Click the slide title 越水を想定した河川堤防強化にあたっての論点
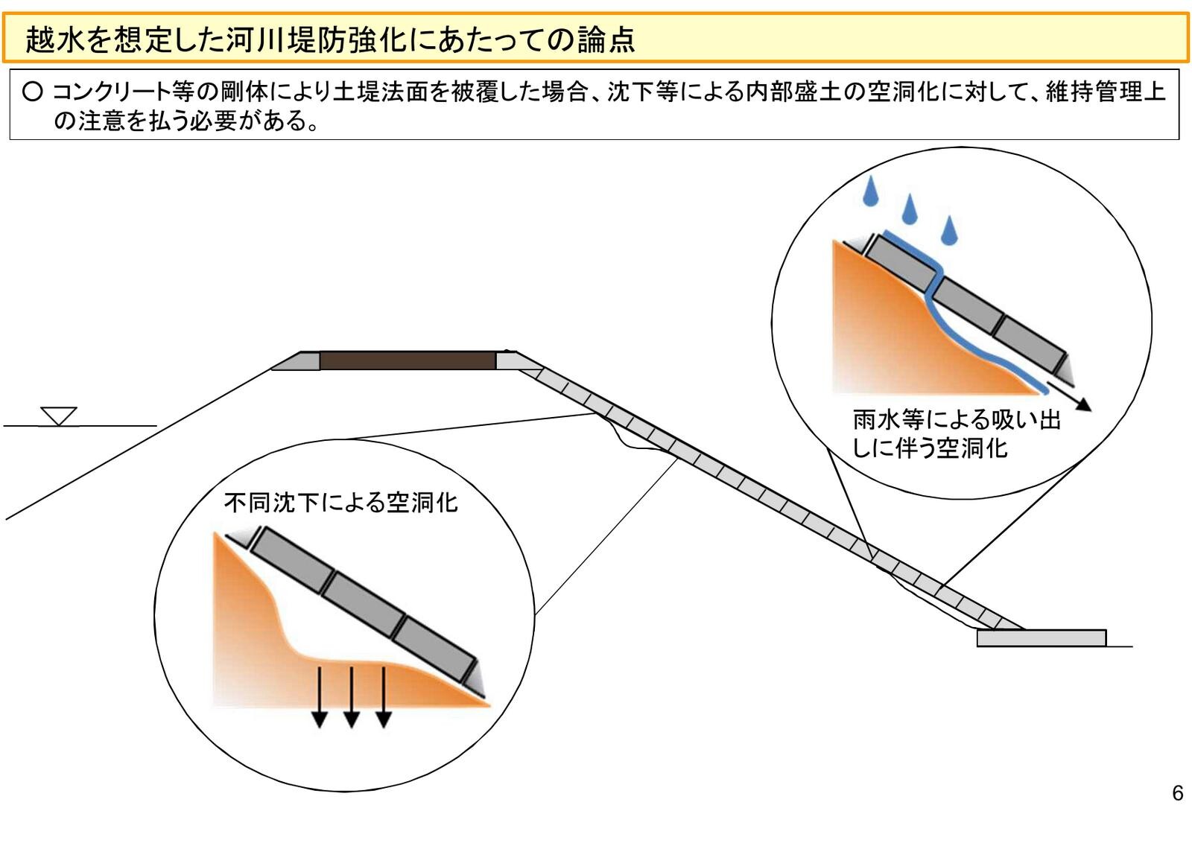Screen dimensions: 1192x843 point(329,39)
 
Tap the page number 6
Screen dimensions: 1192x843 point(1177,793)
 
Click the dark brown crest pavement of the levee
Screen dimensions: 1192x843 point(408,361)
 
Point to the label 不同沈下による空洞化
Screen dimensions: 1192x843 point(340,503)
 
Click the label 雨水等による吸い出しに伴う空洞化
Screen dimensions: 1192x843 point(957,433)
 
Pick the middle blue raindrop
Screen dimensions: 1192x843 point(910,209)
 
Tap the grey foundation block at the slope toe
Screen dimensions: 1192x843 point(1041,638)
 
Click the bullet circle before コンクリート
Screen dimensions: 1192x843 point(32,92)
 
